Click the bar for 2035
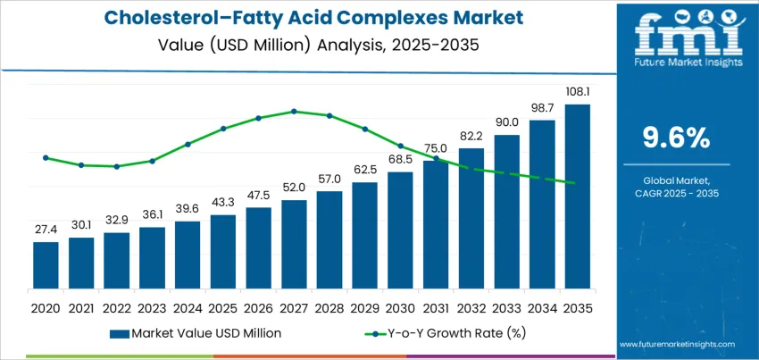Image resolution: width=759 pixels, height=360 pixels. click(x=577, y=192)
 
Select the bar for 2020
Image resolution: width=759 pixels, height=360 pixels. click(x=46, y=261)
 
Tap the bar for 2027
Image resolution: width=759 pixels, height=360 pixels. click(x=294, y=239)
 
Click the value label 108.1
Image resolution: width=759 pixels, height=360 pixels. click(x=577, y=92)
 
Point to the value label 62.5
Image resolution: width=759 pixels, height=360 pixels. click(x=364, y=169)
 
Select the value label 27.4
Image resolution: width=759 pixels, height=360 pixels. click(x=46, y=230)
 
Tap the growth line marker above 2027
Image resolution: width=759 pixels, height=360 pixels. click(x=294, y=112)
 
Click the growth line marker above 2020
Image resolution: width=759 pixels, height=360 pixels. click(x=46, y=158)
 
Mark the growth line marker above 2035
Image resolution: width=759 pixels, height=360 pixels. click(x=577, y=184)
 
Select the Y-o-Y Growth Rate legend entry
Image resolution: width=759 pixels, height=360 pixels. click(x=424, y=333)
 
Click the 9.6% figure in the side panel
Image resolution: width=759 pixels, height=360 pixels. click(x=676, y=137)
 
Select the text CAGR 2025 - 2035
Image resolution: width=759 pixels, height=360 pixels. click(x=676, y=193)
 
